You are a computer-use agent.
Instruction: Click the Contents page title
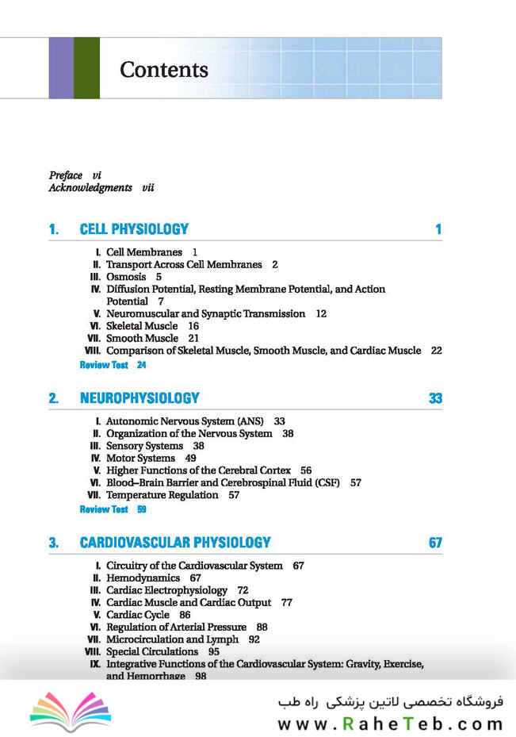coord(164,70)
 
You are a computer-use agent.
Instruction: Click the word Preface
coord(66,175)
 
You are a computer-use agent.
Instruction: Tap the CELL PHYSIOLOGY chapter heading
coord(134,230)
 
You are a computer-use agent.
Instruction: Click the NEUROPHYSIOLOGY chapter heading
coord(140,398)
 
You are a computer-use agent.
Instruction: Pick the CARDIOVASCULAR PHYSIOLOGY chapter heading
coord(175,543)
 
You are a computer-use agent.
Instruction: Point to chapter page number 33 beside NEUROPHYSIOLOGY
coord(435,398)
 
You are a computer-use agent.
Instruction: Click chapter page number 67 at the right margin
coord(435,543)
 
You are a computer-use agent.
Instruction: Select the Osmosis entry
coord(126,277)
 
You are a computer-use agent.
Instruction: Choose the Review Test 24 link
coord(113,365)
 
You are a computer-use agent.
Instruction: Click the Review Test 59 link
coord(113,509)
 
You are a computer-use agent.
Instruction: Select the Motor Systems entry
coord(140,458)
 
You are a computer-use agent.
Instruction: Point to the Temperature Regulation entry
coord(162,495)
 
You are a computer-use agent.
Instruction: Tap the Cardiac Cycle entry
coord(138,615)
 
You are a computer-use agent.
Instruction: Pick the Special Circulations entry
coord(152,651)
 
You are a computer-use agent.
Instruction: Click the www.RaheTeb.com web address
coord(390,724)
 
